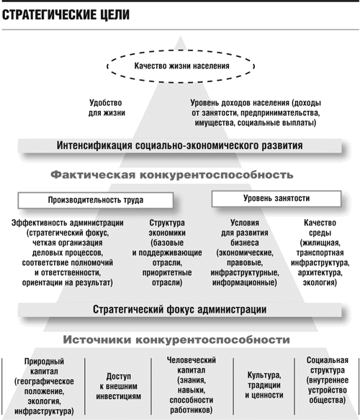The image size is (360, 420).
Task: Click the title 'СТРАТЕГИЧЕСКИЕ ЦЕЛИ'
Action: tap(66, 14)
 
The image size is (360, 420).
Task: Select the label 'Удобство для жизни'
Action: tap(107, 107)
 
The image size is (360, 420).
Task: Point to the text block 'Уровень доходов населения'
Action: tap(256, 113)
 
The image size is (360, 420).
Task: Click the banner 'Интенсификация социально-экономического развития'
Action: tap(179, 146)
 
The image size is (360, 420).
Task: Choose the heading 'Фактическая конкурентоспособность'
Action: tap(172, 175)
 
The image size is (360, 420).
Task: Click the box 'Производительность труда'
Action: tap(96, 200)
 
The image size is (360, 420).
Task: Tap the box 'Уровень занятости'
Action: tap(276, 199)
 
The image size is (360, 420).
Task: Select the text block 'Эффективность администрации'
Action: tap(68, 253)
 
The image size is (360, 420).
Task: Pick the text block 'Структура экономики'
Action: tap(167, 253)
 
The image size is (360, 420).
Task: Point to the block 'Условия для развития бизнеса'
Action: tap(245, 253)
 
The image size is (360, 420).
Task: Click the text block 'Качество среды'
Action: tap(320, 253)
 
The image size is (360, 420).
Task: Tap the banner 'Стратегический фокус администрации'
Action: tap(179, 310)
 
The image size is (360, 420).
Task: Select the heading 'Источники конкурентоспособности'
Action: tap(176, 340)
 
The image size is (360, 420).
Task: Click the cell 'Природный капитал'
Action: tap(44, 386)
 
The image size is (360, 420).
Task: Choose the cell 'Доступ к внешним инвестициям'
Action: tap(119, 386)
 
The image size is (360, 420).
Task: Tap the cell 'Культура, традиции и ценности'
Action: tap(264, 385)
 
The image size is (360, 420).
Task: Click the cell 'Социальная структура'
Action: tap(328, 380)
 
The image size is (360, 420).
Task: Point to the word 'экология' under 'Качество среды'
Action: tap(320, 283)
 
